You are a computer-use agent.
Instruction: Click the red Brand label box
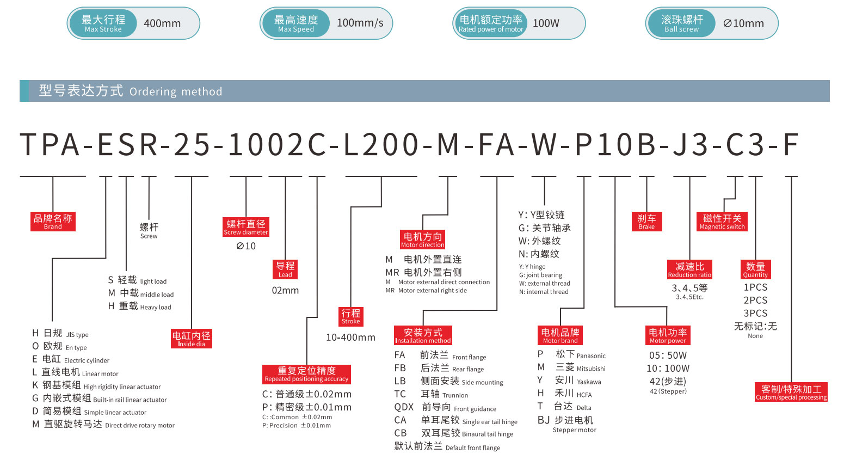(53, 222)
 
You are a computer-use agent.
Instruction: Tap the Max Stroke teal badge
(103, 23)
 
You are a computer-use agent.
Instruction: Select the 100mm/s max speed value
(360, 23)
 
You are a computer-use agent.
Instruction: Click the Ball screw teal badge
(681, 23)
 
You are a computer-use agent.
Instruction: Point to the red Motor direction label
(423, 240)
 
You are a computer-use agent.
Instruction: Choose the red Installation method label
(423, 335)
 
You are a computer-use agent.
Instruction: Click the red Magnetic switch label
(722, 222)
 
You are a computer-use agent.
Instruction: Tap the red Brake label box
(646, 222)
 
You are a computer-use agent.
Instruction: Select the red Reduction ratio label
(689, 269)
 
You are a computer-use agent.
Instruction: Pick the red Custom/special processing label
(791, 392)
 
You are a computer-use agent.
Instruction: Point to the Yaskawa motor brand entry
(570, 381)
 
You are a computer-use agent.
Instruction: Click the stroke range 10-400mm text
(350, 338)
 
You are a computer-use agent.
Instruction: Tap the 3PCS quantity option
(755, 314)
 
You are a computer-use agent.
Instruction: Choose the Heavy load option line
(140, 306)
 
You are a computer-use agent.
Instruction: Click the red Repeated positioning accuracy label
(306, 374)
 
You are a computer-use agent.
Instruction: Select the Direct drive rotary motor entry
(103, 425)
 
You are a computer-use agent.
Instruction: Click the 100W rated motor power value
(546, 23)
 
